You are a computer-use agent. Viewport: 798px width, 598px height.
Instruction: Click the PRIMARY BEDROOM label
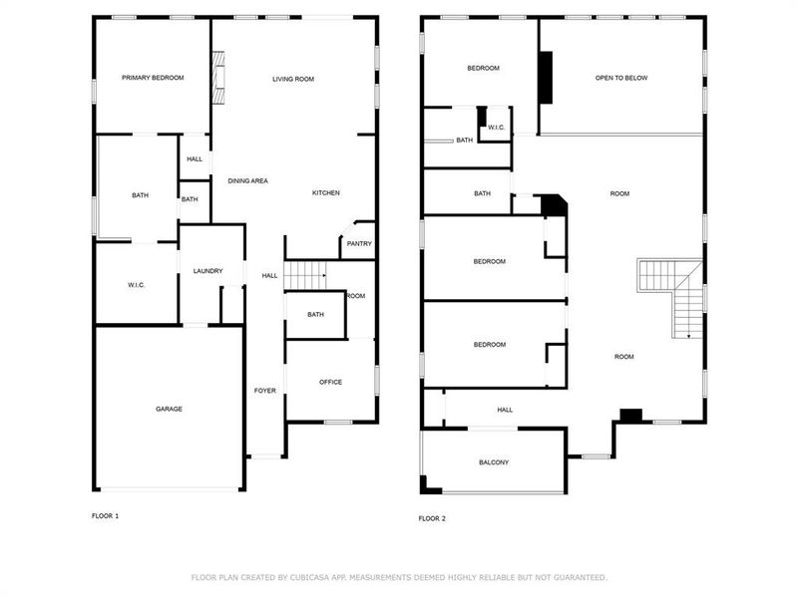coord(153,78)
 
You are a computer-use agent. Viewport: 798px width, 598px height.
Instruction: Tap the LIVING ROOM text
coord(293,79)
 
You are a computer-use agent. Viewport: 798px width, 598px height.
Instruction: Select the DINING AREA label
coord(247,180)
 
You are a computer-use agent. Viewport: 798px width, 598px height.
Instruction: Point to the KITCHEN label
coord(326,192)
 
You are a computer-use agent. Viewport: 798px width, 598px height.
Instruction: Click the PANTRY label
coord(358,243)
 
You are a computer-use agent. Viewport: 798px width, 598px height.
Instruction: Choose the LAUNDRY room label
coord(207,271)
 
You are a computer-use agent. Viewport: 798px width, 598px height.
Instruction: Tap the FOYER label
coord(264,391)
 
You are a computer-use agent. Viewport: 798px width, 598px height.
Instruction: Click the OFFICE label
coord(330,382)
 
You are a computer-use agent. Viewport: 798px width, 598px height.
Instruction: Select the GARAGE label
coord(169,409)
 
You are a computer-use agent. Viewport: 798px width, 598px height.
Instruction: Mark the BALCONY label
coord(493,462)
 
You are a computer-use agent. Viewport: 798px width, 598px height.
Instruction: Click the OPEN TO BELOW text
coord(621,78)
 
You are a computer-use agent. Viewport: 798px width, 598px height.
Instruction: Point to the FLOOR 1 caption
coord(105,516)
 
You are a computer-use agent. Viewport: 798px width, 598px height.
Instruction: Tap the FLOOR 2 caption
coord(432,518)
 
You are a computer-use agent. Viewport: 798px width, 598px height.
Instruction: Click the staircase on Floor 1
coord(306,273)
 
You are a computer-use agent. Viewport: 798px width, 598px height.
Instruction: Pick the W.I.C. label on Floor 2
coord(496,127)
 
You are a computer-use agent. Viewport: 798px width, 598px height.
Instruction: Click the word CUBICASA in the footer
coord(320,577)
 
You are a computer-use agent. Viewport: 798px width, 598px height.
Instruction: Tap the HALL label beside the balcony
coord(505,410)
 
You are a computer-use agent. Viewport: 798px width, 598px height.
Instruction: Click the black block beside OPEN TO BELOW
coord(546,77)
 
